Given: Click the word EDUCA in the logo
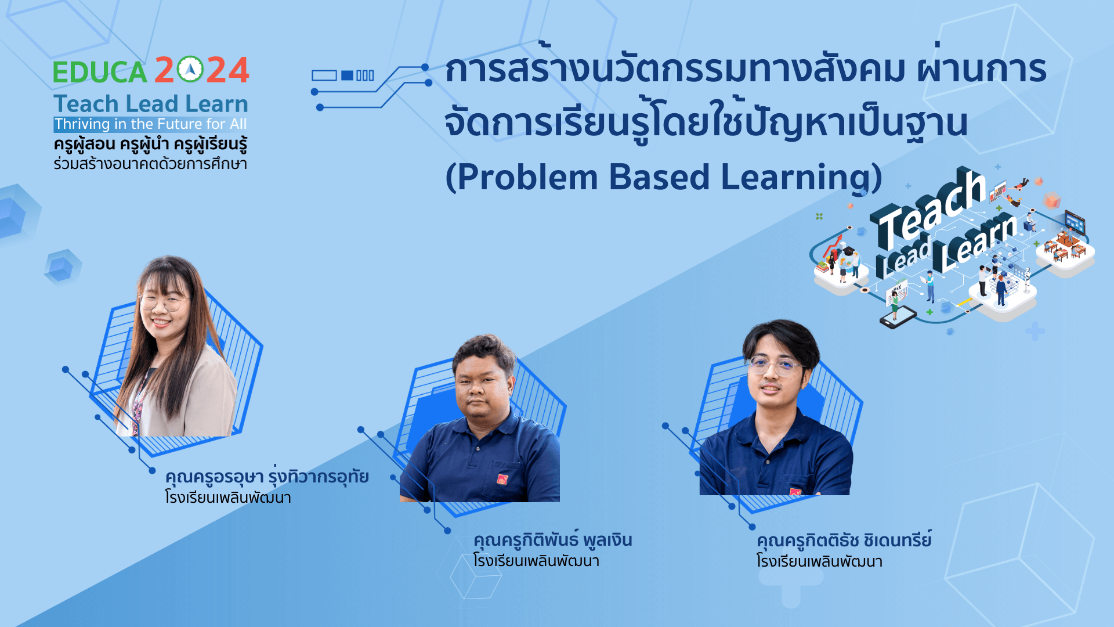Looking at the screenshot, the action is [100, 72].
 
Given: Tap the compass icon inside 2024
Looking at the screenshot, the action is [190, 70].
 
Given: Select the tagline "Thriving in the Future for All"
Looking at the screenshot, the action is [151, 124].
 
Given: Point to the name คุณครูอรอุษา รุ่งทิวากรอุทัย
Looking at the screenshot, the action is [267, 476].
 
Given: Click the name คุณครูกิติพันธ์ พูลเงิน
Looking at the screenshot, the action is [552, 539].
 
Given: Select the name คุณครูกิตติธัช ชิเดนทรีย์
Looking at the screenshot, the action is [844, 539].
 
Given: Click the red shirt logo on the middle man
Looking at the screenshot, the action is [502, 479].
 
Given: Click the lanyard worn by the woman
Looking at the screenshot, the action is [138, 403].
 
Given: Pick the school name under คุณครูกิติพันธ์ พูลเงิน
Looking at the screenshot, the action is [536, 561].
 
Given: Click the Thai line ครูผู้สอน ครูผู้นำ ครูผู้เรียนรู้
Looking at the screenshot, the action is [151, 144].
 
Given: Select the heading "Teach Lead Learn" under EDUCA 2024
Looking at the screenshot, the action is [151, 104].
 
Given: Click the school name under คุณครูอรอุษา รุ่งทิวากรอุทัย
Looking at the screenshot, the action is [228, 498].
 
